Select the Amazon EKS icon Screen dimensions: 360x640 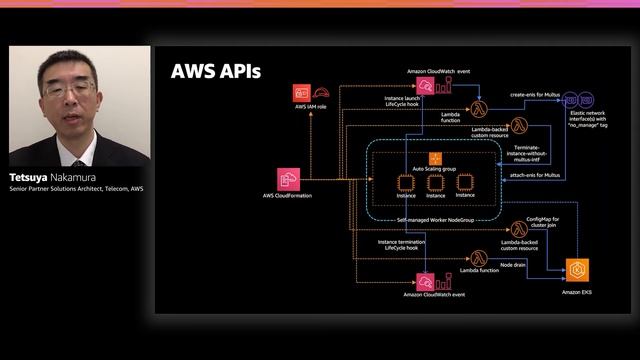577,270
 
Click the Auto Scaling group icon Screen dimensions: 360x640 435,158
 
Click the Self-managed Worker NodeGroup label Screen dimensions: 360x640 435,217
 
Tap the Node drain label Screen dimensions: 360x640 512,264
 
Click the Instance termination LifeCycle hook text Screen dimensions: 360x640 400,245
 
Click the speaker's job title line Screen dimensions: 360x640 76,188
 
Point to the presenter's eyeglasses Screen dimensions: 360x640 70,89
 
